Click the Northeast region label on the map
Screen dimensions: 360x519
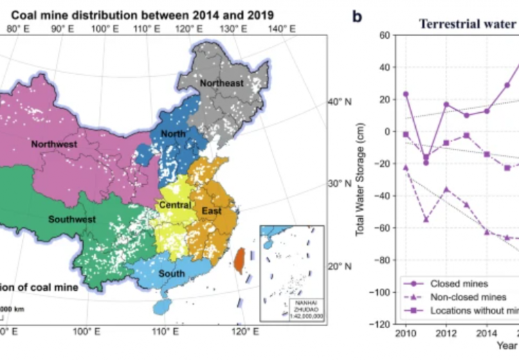click(x=221, y=84)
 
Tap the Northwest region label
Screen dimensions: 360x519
click(x=54, y=144)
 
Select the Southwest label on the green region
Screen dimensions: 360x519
click(x=72, y=219)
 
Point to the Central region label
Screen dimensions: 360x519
click(x=175, y=205)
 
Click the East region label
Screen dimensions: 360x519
click(x=212, y=210)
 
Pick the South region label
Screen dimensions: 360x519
click(x=172, y=273)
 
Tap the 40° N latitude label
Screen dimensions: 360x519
click(x=338, y=102)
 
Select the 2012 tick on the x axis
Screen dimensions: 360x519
click(x=446, y=334)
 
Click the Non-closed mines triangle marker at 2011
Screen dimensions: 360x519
click(x=426, y=219)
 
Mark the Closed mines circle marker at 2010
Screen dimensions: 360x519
click(x=406, y=94)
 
